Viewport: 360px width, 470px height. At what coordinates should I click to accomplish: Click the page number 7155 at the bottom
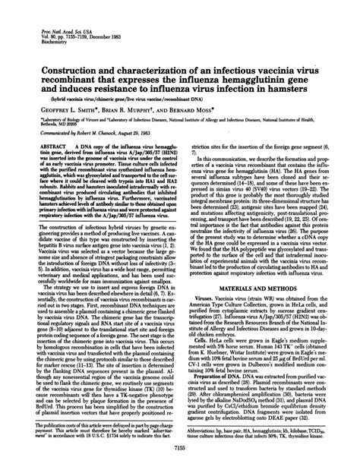180,450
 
